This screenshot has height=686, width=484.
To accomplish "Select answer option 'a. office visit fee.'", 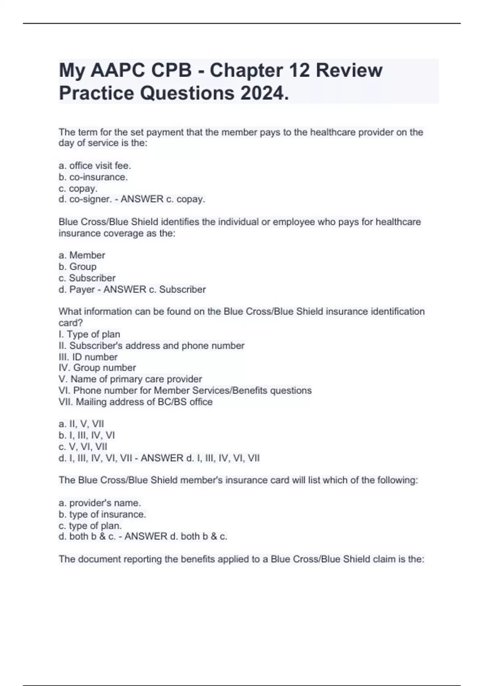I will pyautogui.click(x=95, y=165).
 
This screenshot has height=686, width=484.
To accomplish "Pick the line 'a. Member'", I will pyautogui.click(x=82, y=255).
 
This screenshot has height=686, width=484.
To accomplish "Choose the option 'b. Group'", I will pyautogui.click(x=77, y=266).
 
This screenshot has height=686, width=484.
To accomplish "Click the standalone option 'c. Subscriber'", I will pyautogui.click(x=87, y=278).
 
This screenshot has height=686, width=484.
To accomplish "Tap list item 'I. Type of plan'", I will pyautogui.click(x=89, y=334).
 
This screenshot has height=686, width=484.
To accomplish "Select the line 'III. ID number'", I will pyautogui.click(x=88, y=357).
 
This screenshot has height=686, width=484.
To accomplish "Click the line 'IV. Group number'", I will pyautogui.click(x=97, y=368).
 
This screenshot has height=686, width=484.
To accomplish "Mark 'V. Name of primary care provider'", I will pyautogui.click(x=130, y=379).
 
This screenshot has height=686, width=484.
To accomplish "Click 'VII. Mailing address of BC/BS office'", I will pyautogui.click(x=136, y=402).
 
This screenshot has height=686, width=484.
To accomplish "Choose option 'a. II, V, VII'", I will pyautogui.click(x=81, y=424).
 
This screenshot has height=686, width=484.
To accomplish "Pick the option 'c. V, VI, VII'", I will pyautogui.click(x=83, y=446).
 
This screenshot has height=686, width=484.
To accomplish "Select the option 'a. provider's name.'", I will pyautogui.click(x=100, y=503).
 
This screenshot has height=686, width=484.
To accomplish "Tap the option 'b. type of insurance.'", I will pyautogui.click(x=102, y=514).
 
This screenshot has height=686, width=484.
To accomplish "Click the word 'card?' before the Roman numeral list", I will pyautogui.click(x=71, y=323).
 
